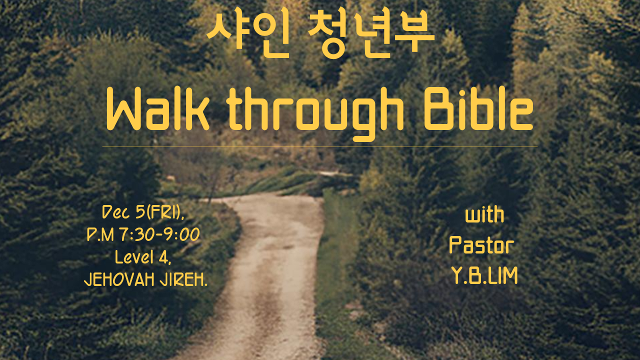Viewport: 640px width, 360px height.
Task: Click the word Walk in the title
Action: pos(158,109)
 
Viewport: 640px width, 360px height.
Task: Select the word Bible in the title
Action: pos(478,109)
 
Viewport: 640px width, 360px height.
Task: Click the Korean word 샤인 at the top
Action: pos(248,32)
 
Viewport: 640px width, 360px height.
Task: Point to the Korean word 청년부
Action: pos(371,32)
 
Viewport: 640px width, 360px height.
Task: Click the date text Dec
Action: pos(116,212)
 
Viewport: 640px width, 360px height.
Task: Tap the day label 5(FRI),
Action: pos(159,212)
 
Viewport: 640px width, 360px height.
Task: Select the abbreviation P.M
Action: pos(100,235)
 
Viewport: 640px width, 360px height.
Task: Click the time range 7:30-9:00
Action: pos(159,235)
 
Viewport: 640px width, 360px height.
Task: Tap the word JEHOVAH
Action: pos(119,279)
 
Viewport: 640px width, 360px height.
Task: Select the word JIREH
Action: pos(183,279)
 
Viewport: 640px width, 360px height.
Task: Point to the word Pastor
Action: pos(481,245)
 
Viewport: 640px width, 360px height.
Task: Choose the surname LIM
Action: pos(502,275)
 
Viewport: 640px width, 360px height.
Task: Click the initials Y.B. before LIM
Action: pos(469,275)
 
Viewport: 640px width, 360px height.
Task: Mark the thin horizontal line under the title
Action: pos(319,147)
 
